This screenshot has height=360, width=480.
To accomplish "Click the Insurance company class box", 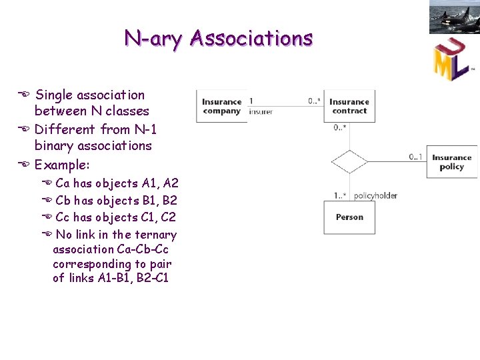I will pyautogui.click(x=221, y=106).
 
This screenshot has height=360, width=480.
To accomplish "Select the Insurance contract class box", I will pyautogui.click(x=349, y=106).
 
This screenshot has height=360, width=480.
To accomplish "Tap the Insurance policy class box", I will pyautogui.click(x=451, y=162).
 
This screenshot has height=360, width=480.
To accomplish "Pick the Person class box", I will pyautogui.click(x=349, y=217).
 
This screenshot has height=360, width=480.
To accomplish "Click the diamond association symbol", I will pyautogui.click(x=349, y=162).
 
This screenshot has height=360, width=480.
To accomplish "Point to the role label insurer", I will pyautogui.click(x=261, y=112).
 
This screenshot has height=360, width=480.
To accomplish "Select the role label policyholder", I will pyautogui.click(x=375, y=195).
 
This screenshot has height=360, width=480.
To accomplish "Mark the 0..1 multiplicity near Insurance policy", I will pyautogui.click(x=416, y=157).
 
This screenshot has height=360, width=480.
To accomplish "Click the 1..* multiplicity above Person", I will pyautogui.click(x=340, y=195).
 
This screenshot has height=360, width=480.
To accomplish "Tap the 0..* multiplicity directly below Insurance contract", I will pyautogui.click(x=340, y=127).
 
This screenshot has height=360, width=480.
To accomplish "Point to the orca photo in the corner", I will pyautogui.click(x=454, y=17).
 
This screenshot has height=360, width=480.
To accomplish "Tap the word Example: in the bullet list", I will pyautogui.click(x=62, y=164).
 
